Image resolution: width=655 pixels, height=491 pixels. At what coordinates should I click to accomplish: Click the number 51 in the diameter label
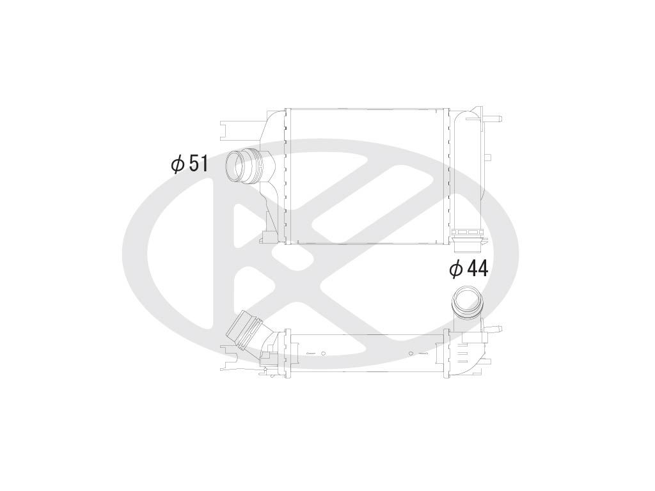pyautogui.click(x=197, y=164)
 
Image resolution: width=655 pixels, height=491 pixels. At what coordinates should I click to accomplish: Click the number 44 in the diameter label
pyautogui.click(x=477, y=269)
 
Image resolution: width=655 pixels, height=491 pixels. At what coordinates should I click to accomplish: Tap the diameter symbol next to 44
pyautogui.click(x=456, y=269)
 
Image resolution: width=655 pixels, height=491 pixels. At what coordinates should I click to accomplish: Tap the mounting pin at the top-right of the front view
pyautogui.click(x=494, y=119)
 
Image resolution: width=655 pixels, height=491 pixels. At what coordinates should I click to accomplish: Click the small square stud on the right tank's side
pyautogui.click(x=488, y=157)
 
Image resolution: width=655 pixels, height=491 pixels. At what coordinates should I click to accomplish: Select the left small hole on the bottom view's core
pyautogui.click(x=324, y=353)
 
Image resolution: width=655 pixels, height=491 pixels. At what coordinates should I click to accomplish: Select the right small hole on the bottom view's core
pyautogui.click(x=411, y=353)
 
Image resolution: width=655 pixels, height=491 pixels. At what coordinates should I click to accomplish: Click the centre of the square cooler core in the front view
pyautogui.click(x=368, y=176)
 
